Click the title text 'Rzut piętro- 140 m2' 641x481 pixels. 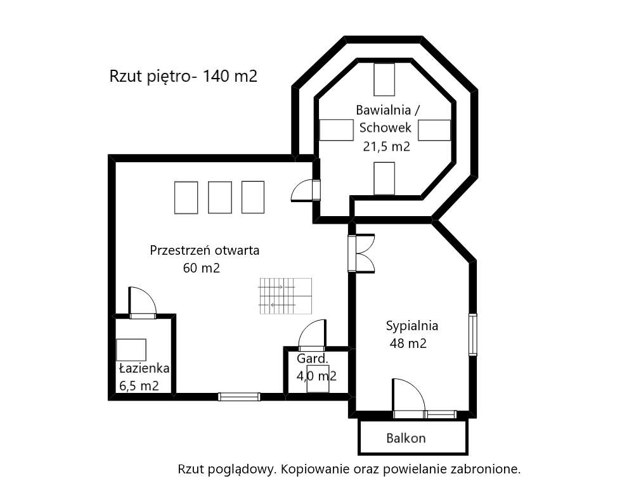click(x=183, y=77)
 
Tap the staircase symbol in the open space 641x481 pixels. click(x=285, y=296)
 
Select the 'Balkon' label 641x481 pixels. click(x=406, y=438)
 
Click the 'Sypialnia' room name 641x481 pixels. click(x=412, y=326)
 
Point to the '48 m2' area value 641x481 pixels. click(x=407, y=344)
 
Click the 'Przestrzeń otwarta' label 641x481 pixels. click(x=204, y=250)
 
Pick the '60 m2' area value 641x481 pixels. click(x=201, y=268)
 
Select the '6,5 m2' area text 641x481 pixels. click(x=138, y=386)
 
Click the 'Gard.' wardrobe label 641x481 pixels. click(x=313, y=359)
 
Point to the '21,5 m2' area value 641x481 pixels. click(x=386, y=146)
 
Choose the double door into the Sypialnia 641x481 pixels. click(x=361, y=253)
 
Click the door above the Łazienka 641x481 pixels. click(x=143, y=302)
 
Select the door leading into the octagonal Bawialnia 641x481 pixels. click(x=306, y=190)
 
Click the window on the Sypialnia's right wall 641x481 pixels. click(x=472, y=334)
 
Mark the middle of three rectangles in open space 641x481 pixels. click(x=220, y=197)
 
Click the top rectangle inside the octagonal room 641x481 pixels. click(x=384, y=79)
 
